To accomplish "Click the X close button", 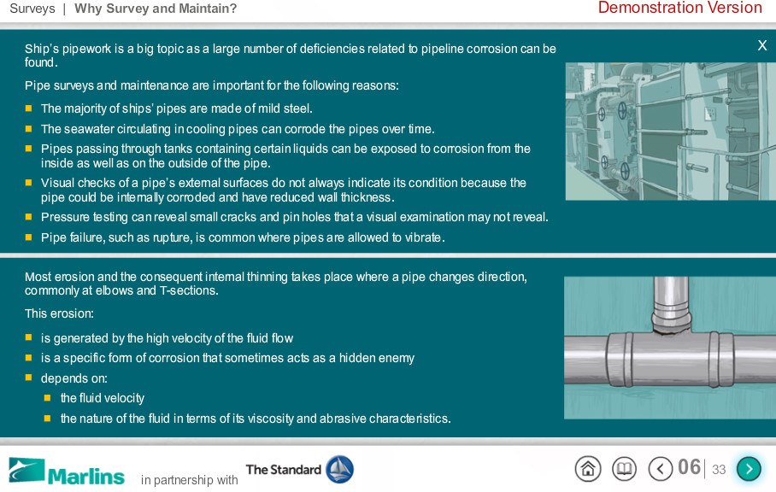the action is tap(762, 45).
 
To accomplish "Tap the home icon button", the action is tap(588, 468).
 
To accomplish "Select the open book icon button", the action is tap(624, 468).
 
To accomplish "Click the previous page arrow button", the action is tap(660, 468).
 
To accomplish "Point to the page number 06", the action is tap(689, 467).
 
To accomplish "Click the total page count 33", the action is tap(719, 469).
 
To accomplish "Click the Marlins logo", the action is tap(67, 471).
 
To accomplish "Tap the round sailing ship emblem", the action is tap(339, 469).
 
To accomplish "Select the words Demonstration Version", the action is tap(680, 8).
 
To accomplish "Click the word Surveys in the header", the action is tap(32, 9).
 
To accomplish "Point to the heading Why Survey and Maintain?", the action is tap(156, 9).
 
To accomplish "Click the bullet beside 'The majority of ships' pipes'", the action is tap(29, 108).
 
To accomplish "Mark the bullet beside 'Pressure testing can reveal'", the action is tap(29, 217).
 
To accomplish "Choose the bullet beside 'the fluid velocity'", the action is tap(48, 397).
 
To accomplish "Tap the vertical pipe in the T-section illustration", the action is tap(671, 301).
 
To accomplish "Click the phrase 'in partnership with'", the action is tap(189, 480).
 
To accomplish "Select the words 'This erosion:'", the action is tap(59, 313).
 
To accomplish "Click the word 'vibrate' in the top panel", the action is tap(423, 237).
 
